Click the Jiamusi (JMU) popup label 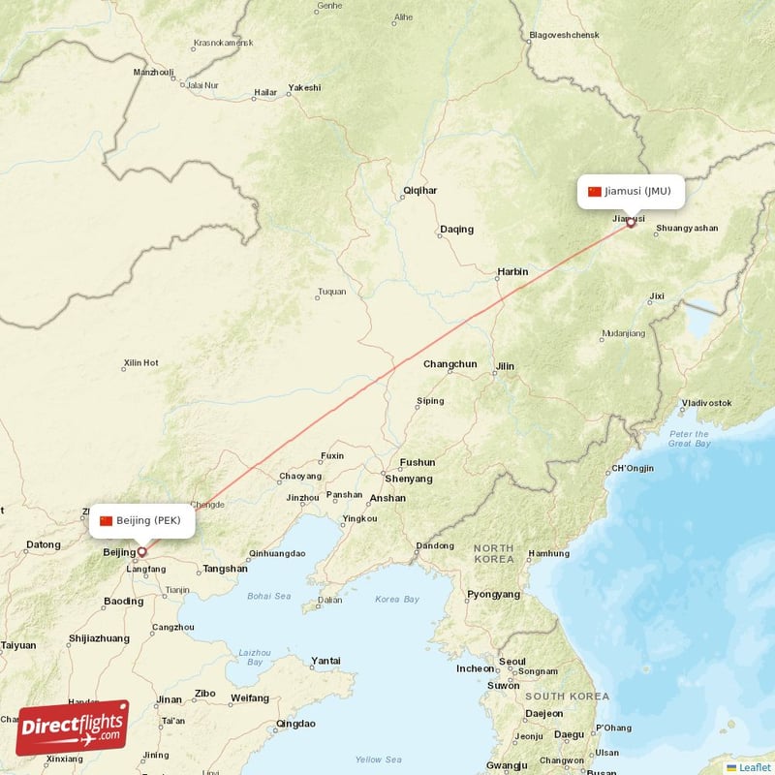(632, 191)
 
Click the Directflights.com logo (72, 728)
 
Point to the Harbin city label (512, 272)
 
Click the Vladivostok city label (706, 402)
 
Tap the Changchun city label (450, 364)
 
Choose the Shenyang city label (409, 479)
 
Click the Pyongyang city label (494, 594)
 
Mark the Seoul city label (511, 662)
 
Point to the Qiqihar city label (420, 192)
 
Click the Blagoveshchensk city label (565, 36)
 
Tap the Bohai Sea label (268, 596)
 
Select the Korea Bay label (397, 600)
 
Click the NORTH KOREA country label (494, 554)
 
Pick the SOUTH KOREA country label (567, 697)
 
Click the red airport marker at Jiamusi (631, 223)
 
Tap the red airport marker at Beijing (141, 552)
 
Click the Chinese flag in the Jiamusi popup (595, 191)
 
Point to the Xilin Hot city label (140, 363)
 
